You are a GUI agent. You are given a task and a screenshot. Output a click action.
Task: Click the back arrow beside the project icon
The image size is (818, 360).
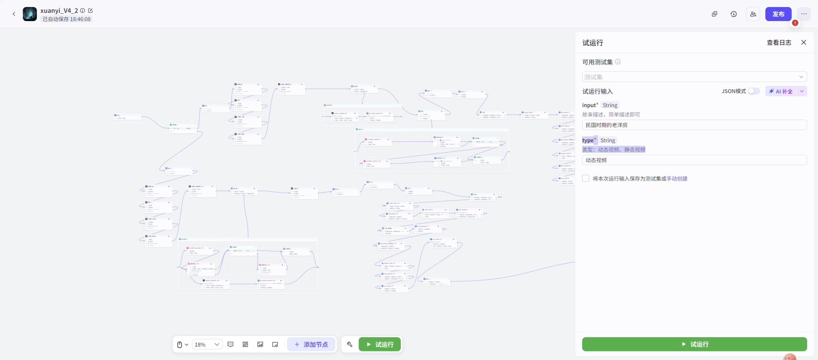[14, 14]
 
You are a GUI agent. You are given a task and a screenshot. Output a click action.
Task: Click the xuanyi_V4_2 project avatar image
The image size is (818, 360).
[30, 14]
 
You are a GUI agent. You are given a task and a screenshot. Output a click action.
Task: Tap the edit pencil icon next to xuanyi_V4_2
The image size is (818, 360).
[90, 11]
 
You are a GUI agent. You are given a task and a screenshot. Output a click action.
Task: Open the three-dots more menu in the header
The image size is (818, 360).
[804, 14]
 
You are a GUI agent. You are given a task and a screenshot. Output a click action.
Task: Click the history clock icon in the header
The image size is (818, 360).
[734, 14]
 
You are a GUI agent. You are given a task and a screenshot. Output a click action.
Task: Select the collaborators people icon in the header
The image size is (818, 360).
[753, 14]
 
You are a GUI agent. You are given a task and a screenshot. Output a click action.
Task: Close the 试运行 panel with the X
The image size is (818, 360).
[804, 43]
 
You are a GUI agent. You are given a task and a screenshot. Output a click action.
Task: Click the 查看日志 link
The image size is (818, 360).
[779, 43]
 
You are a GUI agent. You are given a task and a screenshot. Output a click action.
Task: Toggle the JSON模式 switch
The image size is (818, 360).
[754, 91]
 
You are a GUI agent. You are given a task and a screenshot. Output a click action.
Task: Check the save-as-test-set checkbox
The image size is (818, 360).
[586, 178]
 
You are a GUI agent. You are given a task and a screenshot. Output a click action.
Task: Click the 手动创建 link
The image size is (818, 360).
[677, 179]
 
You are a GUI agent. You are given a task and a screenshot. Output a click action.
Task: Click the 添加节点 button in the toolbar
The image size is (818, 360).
[311, 344]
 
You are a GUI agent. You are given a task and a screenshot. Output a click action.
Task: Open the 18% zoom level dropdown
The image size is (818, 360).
[207, 344]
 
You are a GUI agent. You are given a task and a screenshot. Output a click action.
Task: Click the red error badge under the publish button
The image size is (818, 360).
[795, 23]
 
